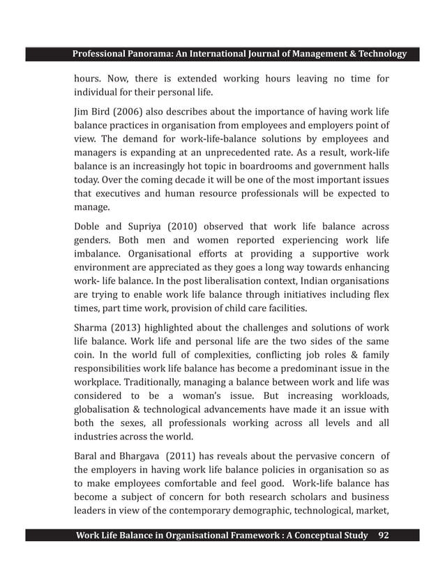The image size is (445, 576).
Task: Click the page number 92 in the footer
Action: click(x=384, y=536)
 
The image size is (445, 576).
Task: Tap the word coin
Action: click(x=85, y=358)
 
